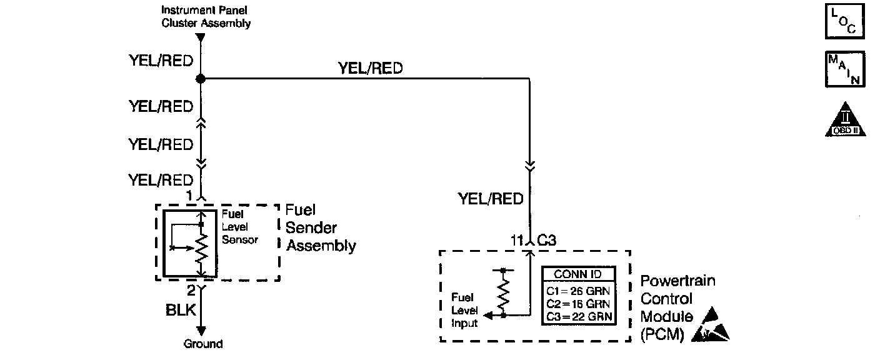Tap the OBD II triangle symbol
click(x=845, y=119)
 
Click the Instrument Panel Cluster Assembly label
click(x=206, y=17)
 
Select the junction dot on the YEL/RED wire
click(x=201, y=79)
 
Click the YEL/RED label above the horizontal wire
click(x=371, y=68)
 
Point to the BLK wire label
click(x=181, y=311)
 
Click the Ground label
click(x=203, y=344)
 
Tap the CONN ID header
click(x=578, y=274)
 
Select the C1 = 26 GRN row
click(x=578, y=290)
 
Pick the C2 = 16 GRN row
click(x=578, y=304)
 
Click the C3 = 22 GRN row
click(x=578, y=317)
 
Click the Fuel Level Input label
click(x=464, y=310)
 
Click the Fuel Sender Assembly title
click(x=321, y=228)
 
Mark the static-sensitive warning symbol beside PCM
click(x=711, y=325)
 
